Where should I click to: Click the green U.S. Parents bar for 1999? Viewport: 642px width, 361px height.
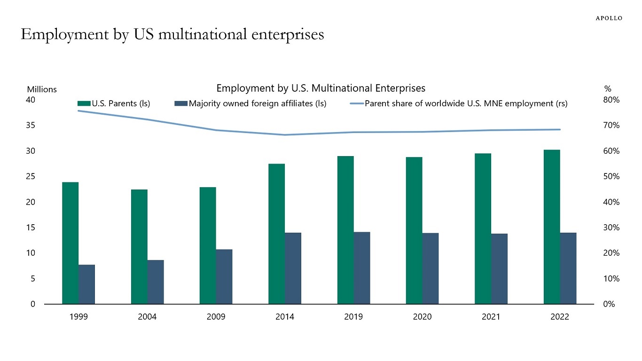(70, 243)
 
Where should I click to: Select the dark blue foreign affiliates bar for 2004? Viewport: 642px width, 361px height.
(156, 282)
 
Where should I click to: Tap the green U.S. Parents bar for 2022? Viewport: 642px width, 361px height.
(552, 227)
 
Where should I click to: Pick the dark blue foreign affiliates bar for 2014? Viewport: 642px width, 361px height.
(293, 268)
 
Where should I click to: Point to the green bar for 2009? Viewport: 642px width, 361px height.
(208, 245)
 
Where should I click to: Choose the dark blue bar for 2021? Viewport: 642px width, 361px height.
(499, 269)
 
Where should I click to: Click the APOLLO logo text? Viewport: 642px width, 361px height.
(609, 18)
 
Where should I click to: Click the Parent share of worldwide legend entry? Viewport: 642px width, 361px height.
(459, 104)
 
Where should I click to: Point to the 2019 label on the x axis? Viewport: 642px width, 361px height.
(353, 317)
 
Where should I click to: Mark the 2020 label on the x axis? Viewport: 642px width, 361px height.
(422, 317)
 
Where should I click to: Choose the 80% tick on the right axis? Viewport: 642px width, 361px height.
(612, 100)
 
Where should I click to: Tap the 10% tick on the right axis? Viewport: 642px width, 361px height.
(612, 279)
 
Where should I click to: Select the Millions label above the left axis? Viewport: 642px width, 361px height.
(42, 89)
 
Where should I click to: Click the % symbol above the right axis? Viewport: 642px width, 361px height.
(607, 89)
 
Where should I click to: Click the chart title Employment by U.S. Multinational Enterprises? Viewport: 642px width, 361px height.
(321, 88)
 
